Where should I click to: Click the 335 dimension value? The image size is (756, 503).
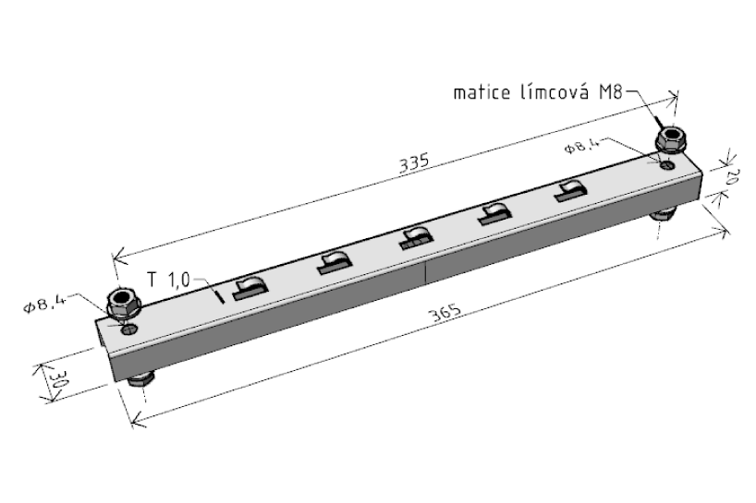(x=414, y=162)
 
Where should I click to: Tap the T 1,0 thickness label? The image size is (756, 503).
(x=170, y=279)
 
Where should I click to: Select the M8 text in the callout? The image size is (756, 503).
(x=611, y=92)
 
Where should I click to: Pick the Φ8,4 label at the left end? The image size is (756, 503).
(x=45, y=302)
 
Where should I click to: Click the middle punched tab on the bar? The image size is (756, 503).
(x=414, y=240)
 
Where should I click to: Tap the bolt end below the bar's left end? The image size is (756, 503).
(x=139, y=378)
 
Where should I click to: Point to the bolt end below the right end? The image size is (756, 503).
(x=662, y=214)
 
